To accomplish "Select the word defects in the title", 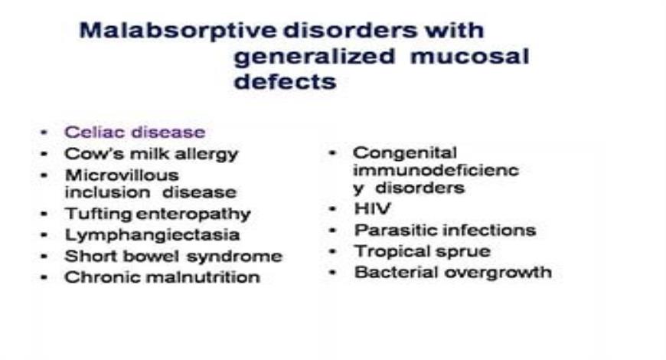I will (x=285, y=81).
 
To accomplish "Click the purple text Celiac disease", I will (x=135, y=132).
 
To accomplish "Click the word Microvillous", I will (x=122, y=175).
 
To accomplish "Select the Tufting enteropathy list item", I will (x=157, y=214).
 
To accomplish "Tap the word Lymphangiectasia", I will (x=152, y=235).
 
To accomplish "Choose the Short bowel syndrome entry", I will (x=173, y=256).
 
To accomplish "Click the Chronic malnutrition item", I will (x=162, y=277).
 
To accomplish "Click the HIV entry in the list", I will (x=367, y=208).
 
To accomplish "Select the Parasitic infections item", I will (x=444, y=230).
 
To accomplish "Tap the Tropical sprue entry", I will (x=422, y=251).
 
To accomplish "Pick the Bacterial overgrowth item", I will (x=452, y=273).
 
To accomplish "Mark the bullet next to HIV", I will (x=333, y=208).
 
